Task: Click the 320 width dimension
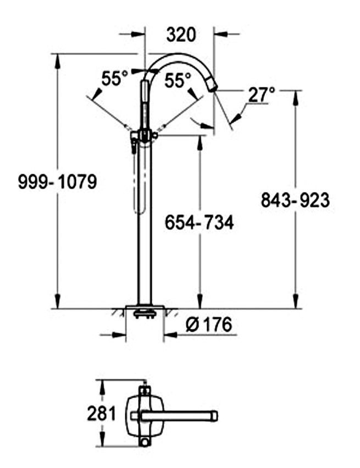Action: tap(181, 35)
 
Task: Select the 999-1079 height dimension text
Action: tap(58, 181)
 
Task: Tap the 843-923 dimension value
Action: tap(295, 200)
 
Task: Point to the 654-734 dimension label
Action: tap(200, 222)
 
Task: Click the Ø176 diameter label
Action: tap(208, 324)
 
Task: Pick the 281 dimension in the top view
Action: tap(101, 414)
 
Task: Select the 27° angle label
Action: tap(261, 95)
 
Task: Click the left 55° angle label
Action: tap(114, 79)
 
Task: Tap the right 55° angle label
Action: tap(178, 80)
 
